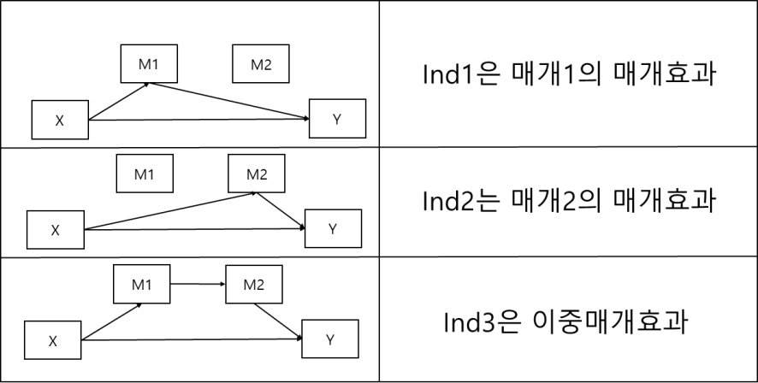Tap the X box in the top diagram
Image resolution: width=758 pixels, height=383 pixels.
point(59,120)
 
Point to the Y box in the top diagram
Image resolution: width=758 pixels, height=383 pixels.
point(337,119)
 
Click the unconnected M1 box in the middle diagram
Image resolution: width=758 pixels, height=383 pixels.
point(144,174)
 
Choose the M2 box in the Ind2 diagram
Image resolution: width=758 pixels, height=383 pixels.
point(257,174)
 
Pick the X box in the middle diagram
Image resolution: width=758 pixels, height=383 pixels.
point(56,229)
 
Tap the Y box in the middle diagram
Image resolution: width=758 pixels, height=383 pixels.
point(333,227)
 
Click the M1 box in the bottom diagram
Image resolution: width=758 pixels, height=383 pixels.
point(142,283)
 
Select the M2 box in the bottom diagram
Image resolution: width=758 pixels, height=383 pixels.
point(253,283)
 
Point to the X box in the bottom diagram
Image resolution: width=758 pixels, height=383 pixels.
point(52,340)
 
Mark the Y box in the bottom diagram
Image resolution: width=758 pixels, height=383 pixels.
point(329,339)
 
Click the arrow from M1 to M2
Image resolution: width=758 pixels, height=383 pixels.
point(197,283)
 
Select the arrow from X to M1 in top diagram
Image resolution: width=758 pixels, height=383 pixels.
point(119,101)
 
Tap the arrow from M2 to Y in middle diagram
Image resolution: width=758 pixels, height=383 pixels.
point(283,210)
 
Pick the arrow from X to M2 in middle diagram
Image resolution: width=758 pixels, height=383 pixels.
point(171,211)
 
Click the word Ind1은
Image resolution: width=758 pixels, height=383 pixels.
point(448,75)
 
